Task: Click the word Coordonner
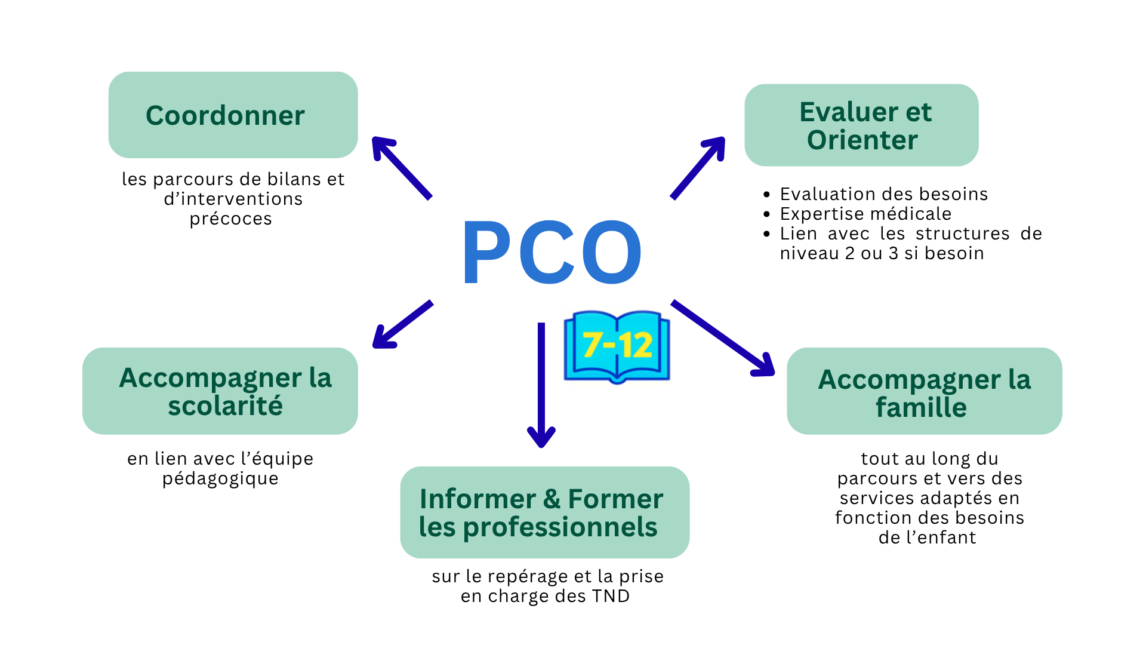(225, 116)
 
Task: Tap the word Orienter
(862, 140)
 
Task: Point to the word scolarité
(225, 406)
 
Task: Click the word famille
(921, 408)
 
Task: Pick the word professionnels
(560, 527)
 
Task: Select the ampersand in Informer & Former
(552, 499)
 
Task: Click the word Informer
(478, 499)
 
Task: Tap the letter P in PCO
(486, 251)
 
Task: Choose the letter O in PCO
(611, 251)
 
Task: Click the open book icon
(617, 347)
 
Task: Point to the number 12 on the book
(635, 345)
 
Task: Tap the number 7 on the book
(593, 345)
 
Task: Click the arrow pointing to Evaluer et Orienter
(698, 167)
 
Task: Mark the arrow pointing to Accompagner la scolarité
(402, 324)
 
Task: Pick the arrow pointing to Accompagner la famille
(723, 338)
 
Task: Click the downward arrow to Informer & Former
(541, 385)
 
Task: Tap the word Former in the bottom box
(615, 499)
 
